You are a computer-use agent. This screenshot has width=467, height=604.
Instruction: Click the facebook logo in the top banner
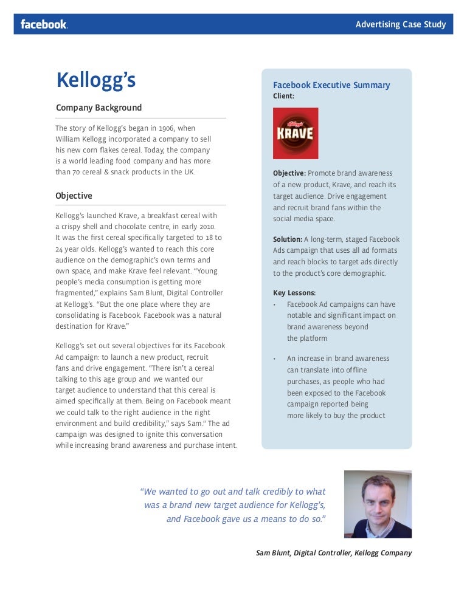point(44,24)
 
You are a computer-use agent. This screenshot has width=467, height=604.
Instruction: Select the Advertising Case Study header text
point(400,24)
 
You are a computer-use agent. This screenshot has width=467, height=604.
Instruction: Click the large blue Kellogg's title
point(95,81)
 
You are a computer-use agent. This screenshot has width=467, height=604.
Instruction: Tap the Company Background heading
point(99,108)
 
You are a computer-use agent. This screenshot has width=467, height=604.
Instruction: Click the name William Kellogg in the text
point(81,139)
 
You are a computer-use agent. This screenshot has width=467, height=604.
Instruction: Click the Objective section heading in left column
point(74,196)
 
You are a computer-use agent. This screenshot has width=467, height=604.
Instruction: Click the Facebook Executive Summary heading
point(331,85)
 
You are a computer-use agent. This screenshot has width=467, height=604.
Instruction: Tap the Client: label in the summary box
point(283,96)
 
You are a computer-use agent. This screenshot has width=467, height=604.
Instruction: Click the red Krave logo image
point(296,133)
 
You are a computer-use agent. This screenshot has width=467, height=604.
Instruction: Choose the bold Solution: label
point(288,239)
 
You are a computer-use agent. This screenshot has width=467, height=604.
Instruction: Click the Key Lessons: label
point(294,292)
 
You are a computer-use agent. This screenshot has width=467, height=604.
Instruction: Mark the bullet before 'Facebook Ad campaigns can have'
point(275,304)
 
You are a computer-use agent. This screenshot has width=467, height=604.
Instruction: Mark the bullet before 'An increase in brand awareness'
point(275,359)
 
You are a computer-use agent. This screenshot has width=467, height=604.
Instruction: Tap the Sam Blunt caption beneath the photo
point(334,553)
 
